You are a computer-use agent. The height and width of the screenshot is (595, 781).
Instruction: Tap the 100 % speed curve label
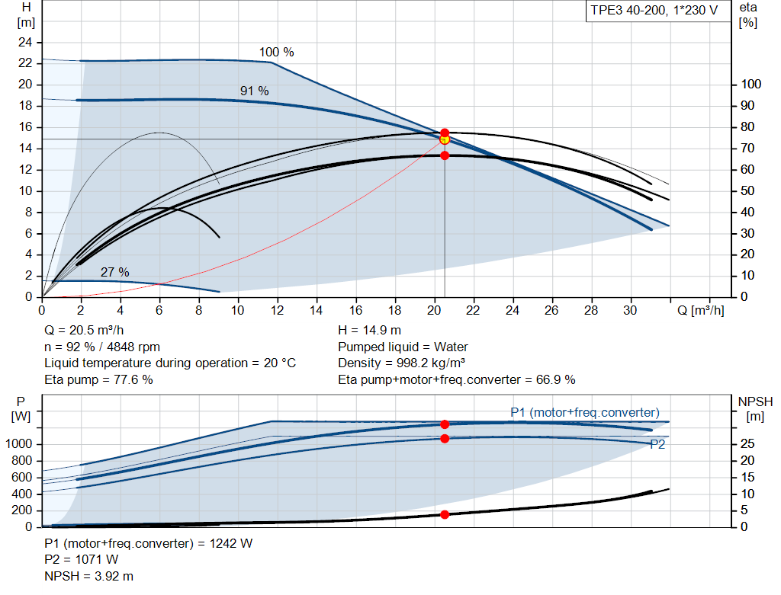pos(276,53)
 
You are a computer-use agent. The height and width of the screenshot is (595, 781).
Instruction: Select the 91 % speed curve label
pos(254,91)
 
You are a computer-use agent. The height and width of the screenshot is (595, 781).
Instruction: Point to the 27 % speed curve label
pos(114,272)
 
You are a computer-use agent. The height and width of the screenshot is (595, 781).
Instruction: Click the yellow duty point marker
pos(445,139)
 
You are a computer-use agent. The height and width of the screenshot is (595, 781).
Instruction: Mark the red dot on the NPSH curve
pos(445,514)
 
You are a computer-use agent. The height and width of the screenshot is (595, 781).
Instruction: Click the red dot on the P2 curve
pos(445,438)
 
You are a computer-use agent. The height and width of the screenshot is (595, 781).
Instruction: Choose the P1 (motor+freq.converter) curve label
pos(584,412)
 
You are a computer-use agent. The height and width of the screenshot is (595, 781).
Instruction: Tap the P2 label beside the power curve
pos(657,445)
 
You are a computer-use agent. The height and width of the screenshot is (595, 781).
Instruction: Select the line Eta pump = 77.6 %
pos(98,379)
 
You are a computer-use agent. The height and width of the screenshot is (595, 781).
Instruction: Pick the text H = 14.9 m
pos(369,331)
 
